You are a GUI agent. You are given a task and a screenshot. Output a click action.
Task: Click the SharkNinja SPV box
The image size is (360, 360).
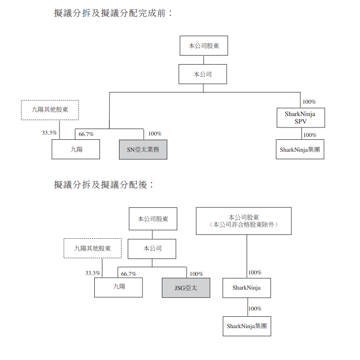[300, 118]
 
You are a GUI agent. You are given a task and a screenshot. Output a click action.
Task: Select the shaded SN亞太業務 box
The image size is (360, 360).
[143, 149]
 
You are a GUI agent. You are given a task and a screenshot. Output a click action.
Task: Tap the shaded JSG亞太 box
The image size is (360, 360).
[186, 288]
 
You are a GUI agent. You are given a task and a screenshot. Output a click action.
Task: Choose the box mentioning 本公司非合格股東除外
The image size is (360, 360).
[244, 221]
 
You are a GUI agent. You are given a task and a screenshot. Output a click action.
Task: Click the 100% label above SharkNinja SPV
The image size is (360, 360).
[310, 102]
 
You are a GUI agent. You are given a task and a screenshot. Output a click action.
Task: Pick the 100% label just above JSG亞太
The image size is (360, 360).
[196, 274]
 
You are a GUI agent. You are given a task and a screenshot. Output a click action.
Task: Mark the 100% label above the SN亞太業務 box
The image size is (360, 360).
[155, 134]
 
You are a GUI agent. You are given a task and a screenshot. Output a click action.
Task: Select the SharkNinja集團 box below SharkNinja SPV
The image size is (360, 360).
[300, 149]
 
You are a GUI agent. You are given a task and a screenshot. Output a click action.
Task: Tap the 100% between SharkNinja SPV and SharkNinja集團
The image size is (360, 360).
[310, 135]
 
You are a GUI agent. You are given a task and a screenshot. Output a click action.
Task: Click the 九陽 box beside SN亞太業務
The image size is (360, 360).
[76, 149]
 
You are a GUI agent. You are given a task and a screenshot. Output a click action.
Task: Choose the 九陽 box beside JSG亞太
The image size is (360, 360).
[119, 287]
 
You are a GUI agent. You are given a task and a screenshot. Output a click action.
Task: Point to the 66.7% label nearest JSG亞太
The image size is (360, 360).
[129, 274]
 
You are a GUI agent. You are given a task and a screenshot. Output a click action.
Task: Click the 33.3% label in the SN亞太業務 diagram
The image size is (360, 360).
[49, 133]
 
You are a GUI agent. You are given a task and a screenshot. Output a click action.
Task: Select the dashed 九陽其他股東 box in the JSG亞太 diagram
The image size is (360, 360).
[92, 248]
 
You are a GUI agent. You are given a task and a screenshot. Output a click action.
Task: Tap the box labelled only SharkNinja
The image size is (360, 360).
[247, 288]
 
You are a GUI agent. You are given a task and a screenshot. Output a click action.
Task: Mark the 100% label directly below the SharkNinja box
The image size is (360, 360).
[255, 309]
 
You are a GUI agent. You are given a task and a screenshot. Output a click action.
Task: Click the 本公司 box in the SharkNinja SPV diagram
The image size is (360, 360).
[203, 74]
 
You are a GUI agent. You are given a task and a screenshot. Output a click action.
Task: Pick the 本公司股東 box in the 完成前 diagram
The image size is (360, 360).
[204, 46]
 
